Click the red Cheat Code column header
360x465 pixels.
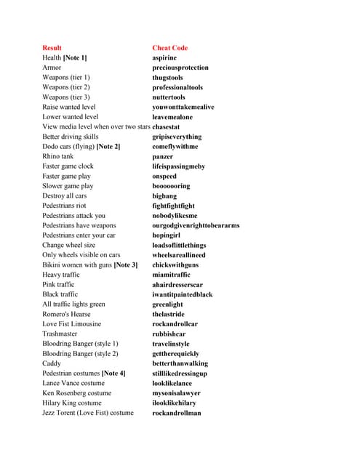click(x=169, y=48)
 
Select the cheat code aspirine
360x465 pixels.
click(x=164, y=57)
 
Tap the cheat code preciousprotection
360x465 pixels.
click(x=180, y=68)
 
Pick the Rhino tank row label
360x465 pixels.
click(x=57, y=156)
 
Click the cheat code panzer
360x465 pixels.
click(x=163, y=156)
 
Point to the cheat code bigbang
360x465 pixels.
click(x=164, y=195)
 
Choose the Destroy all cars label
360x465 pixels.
click(x=64, y=195)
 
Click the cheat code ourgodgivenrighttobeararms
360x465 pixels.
click(x=196, y=225)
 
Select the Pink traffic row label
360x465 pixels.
click(x=58, y=285)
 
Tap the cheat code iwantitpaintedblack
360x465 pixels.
click(x=183, y=294)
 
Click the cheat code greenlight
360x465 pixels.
click(x=168, y=304)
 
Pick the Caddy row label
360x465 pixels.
click(x=52, y=363)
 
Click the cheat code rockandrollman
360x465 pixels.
click(x=177, y=413)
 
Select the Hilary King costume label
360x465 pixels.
click(x=71, y=403)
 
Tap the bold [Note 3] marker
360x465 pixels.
click(x=125, y=265)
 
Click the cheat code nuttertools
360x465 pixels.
click(x=169, y=97)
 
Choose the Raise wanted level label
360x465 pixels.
click(x=69, y=107)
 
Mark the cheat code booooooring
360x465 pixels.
click(x=172, y=186)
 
